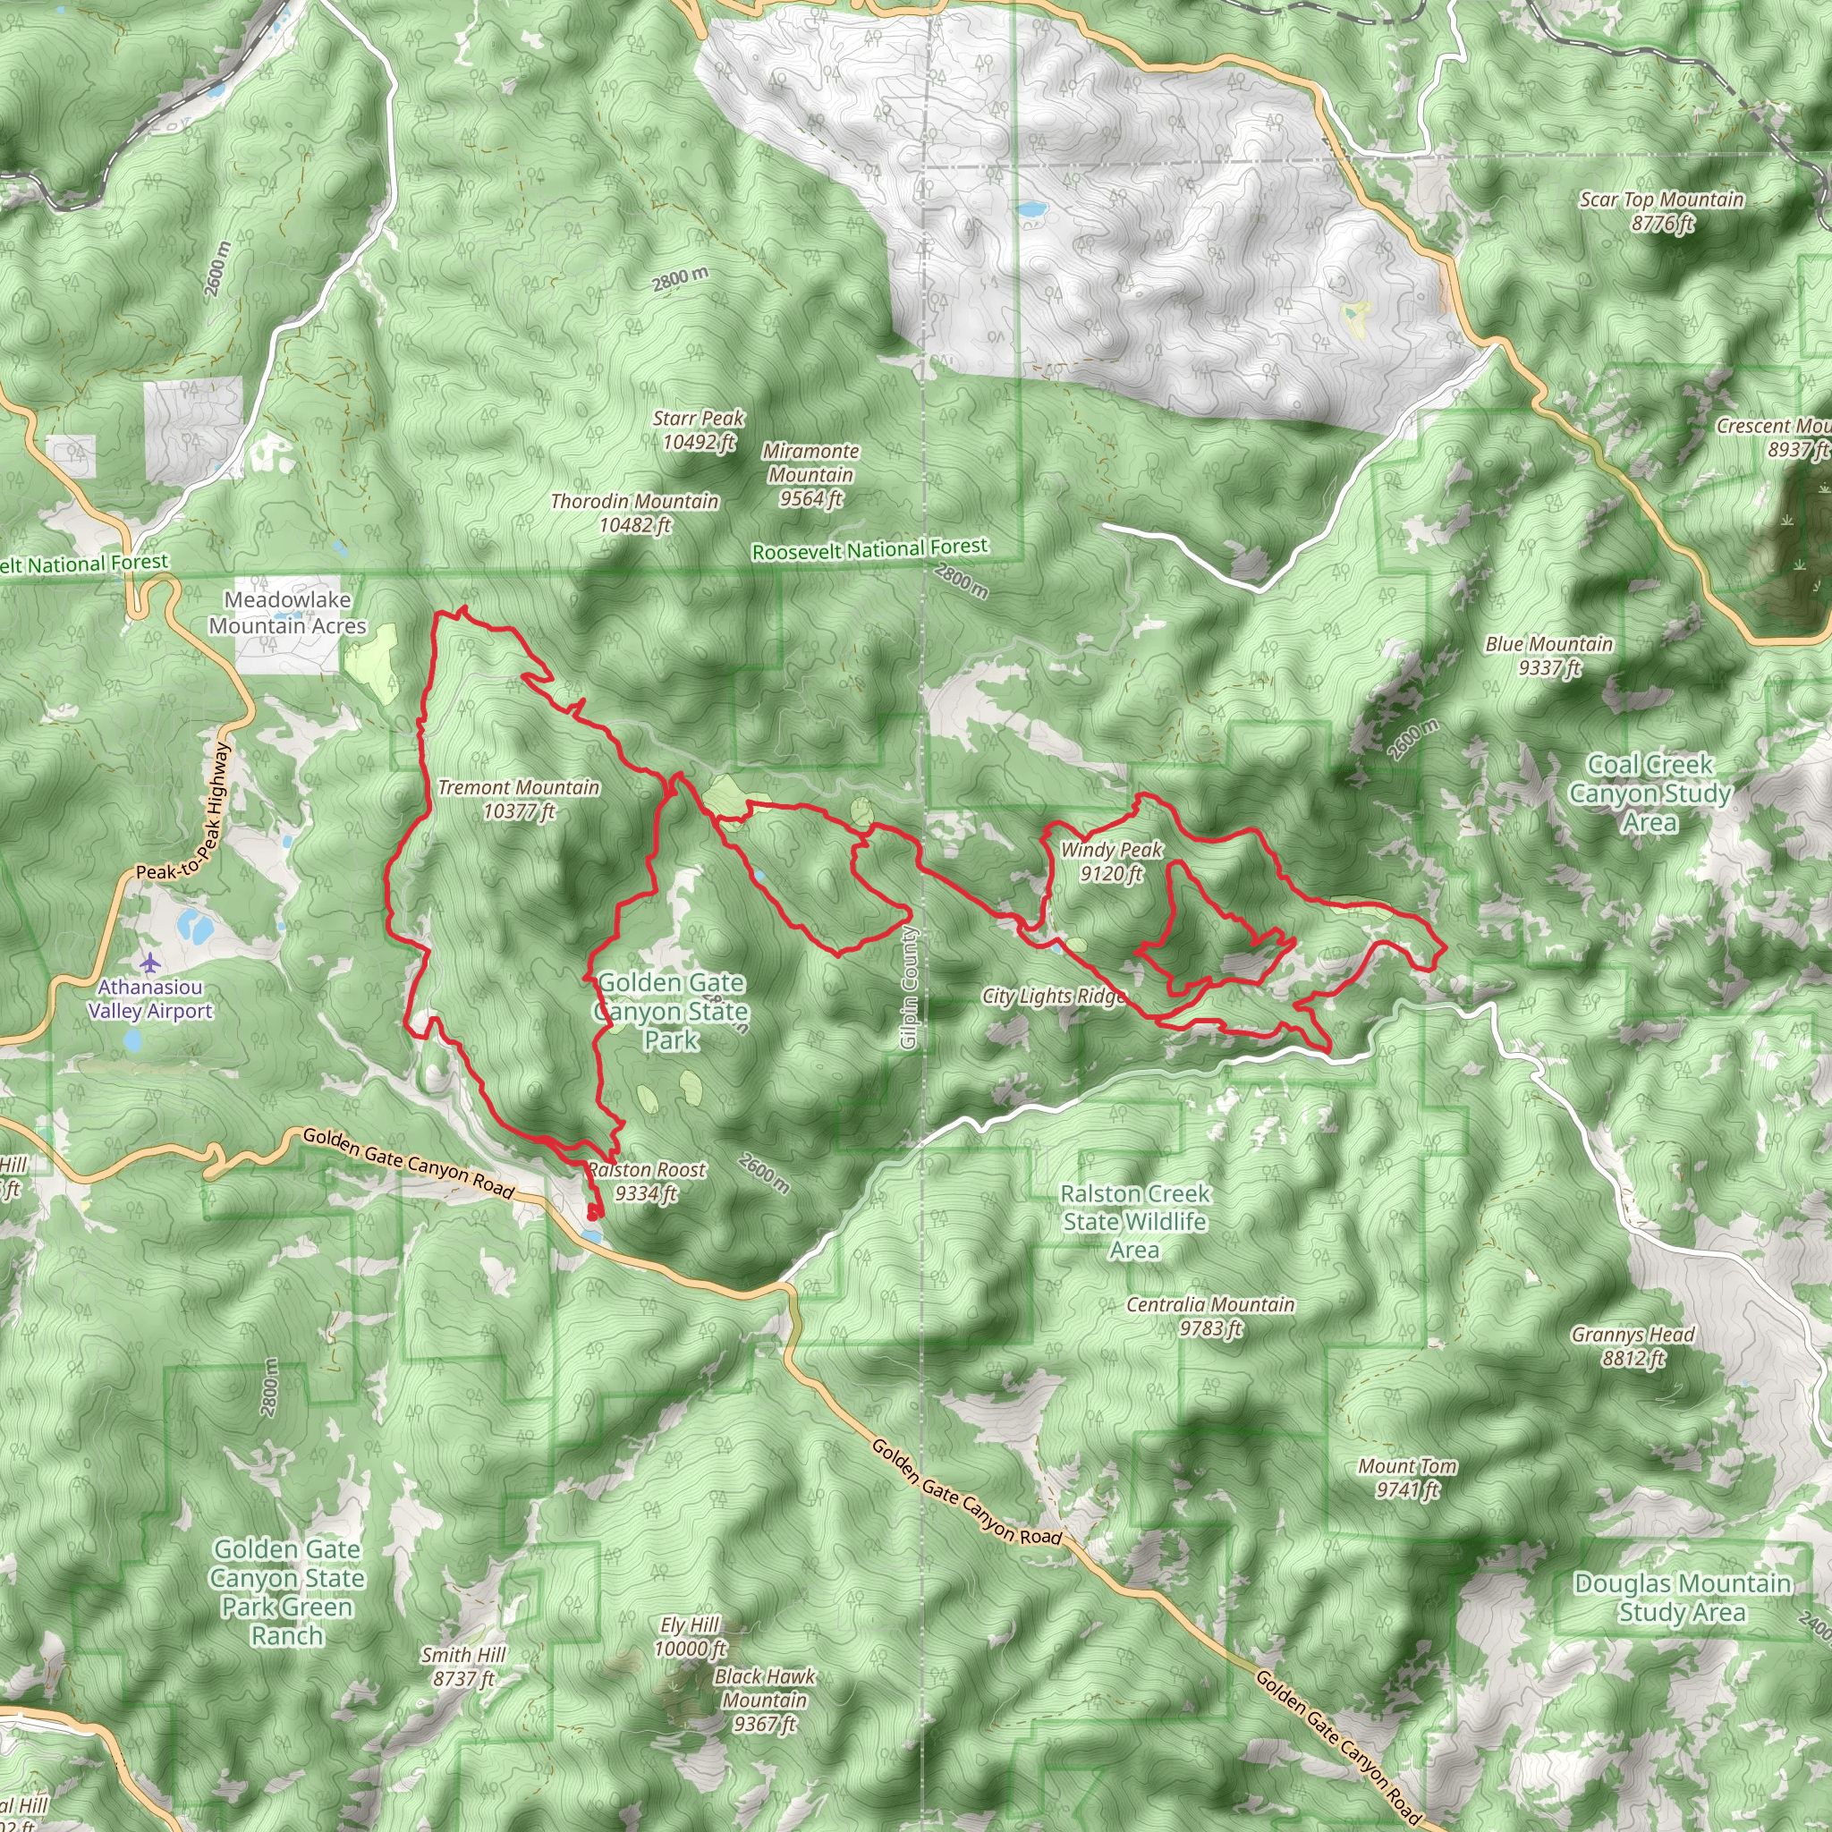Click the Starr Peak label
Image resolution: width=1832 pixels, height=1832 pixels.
coord(698,429)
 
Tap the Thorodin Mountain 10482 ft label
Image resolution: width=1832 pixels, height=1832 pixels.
coord(634,512)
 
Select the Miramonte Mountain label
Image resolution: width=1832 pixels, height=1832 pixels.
coord(810,474)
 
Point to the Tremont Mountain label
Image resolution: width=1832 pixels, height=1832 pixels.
coord(519,799)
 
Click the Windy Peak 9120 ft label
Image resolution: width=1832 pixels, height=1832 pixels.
coord(1110,861)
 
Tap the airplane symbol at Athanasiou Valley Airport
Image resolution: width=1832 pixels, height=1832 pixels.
coord(149,963)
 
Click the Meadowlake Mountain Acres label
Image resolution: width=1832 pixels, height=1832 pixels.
coord(287,613)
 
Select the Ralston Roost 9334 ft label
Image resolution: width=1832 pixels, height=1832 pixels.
coord(647,1182)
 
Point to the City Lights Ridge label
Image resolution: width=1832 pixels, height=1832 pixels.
coord(1054,996)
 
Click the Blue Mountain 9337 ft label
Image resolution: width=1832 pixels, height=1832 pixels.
coord(1548,655)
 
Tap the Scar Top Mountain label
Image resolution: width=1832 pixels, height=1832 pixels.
coord(1661,210)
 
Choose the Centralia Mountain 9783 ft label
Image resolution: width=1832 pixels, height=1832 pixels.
coord(1210,1316)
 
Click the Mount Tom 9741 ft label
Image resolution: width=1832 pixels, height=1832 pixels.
coord(1407,1478)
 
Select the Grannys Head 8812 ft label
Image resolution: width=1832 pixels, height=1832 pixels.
coord(1632,1346)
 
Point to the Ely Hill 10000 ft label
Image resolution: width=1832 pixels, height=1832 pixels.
coord(691,1637)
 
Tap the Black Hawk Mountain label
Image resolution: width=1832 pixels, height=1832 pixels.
coord(764,1701)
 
